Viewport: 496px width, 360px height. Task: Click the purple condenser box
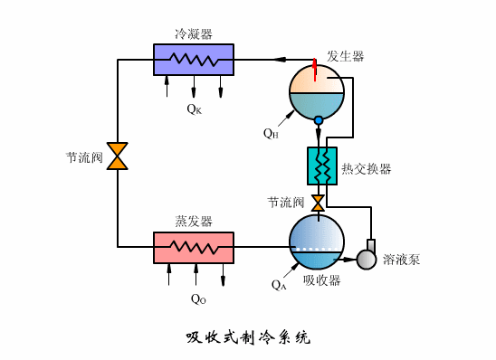click(193, 60)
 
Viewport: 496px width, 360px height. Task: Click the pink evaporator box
click(193, 247)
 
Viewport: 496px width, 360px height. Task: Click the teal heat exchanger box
click(322, 166)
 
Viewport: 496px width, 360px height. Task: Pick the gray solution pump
click(367, 258)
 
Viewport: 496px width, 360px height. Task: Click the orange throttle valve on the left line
click(118, 155)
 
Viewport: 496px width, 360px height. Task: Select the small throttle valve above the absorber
click(318, 202)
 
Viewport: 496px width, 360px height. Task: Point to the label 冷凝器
click(194, 33)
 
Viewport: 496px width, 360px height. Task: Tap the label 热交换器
click(367, 169)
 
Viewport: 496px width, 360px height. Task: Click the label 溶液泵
click(401, 261)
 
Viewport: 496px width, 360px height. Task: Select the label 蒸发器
click(193, 221)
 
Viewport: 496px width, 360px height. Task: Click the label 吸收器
click(321, 280)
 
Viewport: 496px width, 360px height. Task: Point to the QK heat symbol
click(194, 109)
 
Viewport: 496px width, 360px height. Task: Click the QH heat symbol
click(271, 134)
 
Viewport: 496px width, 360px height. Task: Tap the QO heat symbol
click(197, 298)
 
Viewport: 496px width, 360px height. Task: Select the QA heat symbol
click(279, 284)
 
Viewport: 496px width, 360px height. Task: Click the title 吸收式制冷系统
click(247, 338)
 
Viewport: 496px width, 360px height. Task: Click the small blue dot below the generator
click(318, 120)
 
